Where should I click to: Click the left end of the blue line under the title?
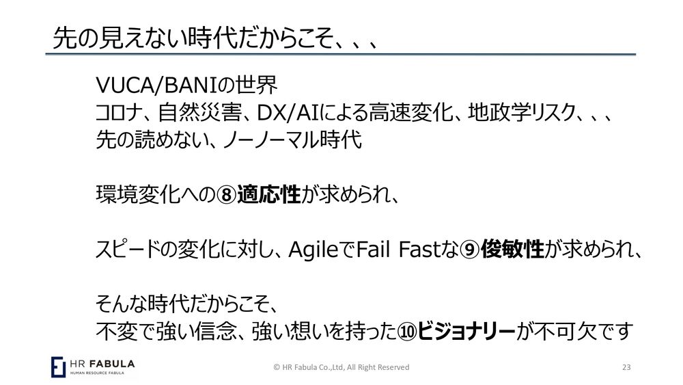[x=46, y=55]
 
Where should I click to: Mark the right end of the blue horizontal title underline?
[x=636, y=55]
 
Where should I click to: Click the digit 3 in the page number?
[x=628, y=367]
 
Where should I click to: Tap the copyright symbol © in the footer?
[x=277, y=367]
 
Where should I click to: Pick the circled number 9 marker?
[x=471, y=250]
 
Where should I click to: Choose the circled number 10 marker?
[x=407, y=332]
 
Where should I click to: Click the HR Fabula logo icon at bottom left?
[x=58, y=367]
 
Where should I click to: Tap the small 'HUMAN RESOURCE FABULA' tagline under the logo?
[x=97, y=373]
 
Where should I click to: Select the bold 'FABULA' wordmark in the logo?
[x=113, y=364]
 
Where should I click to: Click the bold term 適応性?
[x=268, y=194]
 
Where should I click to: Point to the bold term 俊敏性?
[x=512, y=250]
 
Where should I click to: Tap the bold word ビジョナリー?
[x=466, y=332]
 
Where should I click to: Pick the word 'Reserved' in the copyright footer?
[x=393, y=367]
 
